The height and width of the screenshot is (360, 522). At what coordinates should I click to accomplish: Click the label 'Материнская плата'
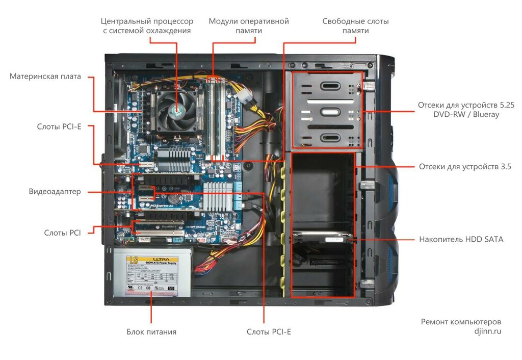click(x=45, y=76)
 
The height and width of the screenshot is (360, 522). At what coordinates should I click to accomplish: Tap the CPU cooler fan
click(x=176, y=109)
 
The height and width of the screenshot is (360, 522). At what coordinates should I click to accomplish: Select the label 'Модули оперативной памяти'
click(x=249, y=26)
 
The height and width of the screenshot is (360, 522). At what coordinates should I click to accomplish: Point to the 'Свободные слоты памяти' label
click(x=355, y=26)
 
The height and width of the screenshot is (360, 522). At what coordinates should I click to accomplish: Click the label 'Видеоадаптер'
click(x=55, y=192)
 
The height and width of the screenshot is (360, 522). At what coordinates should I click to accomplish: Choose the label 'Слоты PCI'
click(x=62, y=233)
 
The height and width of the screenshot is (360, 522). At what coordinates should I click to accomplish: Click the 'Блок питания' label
click(x=151, y=332)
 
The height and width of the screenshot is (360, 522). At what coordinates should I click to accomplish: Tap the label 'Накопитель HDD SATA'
click(x=461, y=239)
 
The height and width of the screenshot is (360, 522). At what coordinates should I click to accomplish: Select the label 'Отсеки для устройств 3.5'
click(x=465, y=167)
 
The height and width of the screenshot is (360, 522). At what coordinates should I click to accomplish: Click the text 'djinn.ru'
click(x=487, y=331)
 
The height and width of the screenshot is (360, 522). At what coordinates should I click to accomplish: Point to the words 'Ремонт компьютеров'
click(x=461, y=322)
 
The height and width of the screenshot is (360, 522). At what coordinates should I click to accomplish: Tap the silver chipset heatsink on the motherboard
click(x=218, y=193)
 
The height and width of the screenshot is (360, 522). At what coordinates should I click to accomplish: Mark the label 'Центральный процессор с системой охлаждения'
click(x=147, y=26)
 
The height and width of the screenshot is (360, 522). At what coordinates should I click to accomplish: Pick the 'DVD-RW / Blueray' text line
click(x=466, y=115)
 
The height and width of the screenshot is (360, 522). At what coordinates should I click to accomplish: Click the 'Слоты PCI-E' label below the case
click(x=269, y=332)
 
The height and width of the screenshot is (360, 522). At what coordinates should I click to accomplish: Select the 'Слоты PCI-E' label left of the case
click(x=59, y=126)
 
